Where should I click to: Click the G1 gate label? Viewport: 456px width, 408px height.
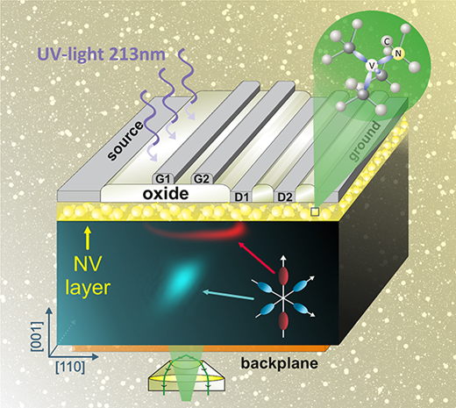pyautogui.click(x=162, y=179)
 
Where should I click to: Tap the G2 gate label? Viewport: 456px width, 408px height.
pyautogui.click(x=202, y=179)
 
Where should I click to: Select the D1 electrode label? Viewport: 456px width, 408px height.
pyautogui.click(x=241, y=197)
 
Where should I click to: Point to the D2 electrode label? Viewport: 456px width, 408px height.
pyautogui.click(x=285, y=197)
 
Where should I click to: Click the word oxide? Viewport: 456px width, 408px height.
pyautogui.click(x=166, y=194)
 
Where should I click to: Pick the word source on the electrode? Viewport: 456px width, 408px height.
pyautogui.click(x=125, y=140)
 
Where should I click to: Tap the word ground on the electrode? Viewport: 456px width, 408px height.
pyautogui.click(x=366, y=141)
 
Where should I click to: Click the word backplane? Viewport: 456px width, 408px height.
pyautogui.click(x=280, y=363)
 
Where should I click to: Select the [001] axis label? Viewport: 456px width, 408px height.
pyautogui.click(x=37, y=336)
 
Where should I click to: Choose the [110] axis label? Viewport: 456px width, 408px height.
pyautogui.click(x=70, y=367)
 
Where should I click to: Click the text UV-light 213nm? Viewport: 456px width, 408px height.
pyautogui.click(x=101, y=54)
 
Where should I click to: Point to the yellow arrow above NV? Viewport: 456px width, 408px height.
pyautogui.click(x=88, y=240)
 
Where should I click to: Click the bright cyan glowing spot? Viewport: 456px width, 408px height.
pyautogui.click(x=181, y=278)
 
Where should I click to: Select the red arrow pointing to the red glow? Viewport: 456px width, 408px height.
pyautogui.click(x=257, y=258)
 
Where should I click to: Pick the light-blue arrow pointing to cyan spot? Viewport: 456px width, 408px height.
pyautogui.click(x=229, y=295)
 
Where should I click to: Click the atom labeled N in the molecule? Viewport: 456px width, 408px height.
pyautogui.click(x=398, y=54)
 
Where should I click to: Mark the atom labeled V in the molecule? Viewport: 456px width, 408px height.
pyautogui.click(x=372, y=66)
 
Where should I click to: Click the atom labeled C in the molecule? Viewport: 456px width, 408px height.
pyautogui.click(x=387, y=42)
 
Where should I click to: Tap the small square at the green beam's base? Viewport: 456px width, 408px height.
pyautogui.click(x=315, y=211)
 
